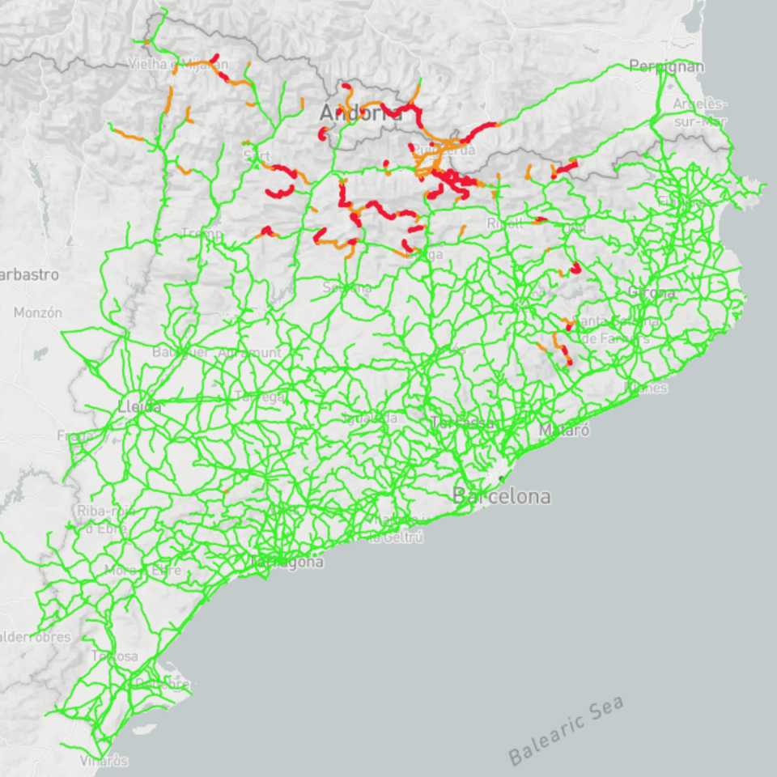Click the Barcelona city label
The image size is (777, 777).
502,495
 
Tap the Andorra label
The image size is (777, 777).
360,113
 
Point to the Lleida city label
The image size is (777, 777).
139,406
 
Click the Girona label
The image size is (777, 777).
652,292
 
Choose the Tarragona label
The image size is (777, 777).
287,562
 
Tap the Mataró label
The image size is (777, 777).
564,430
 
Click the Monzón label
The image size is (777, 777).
38,312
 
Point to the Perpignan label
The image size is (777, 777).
666,66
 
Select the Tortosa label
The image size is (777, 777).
114,656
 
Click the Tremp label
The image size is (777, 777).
202,233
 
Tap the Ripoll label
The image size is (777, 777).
505,223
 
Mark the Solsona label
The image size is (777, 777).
347,287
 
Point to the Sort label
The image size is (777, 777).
257,155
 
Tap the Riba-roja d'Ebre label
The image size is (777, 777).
104,519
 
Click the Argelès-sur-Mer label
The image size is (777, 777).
700,113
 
